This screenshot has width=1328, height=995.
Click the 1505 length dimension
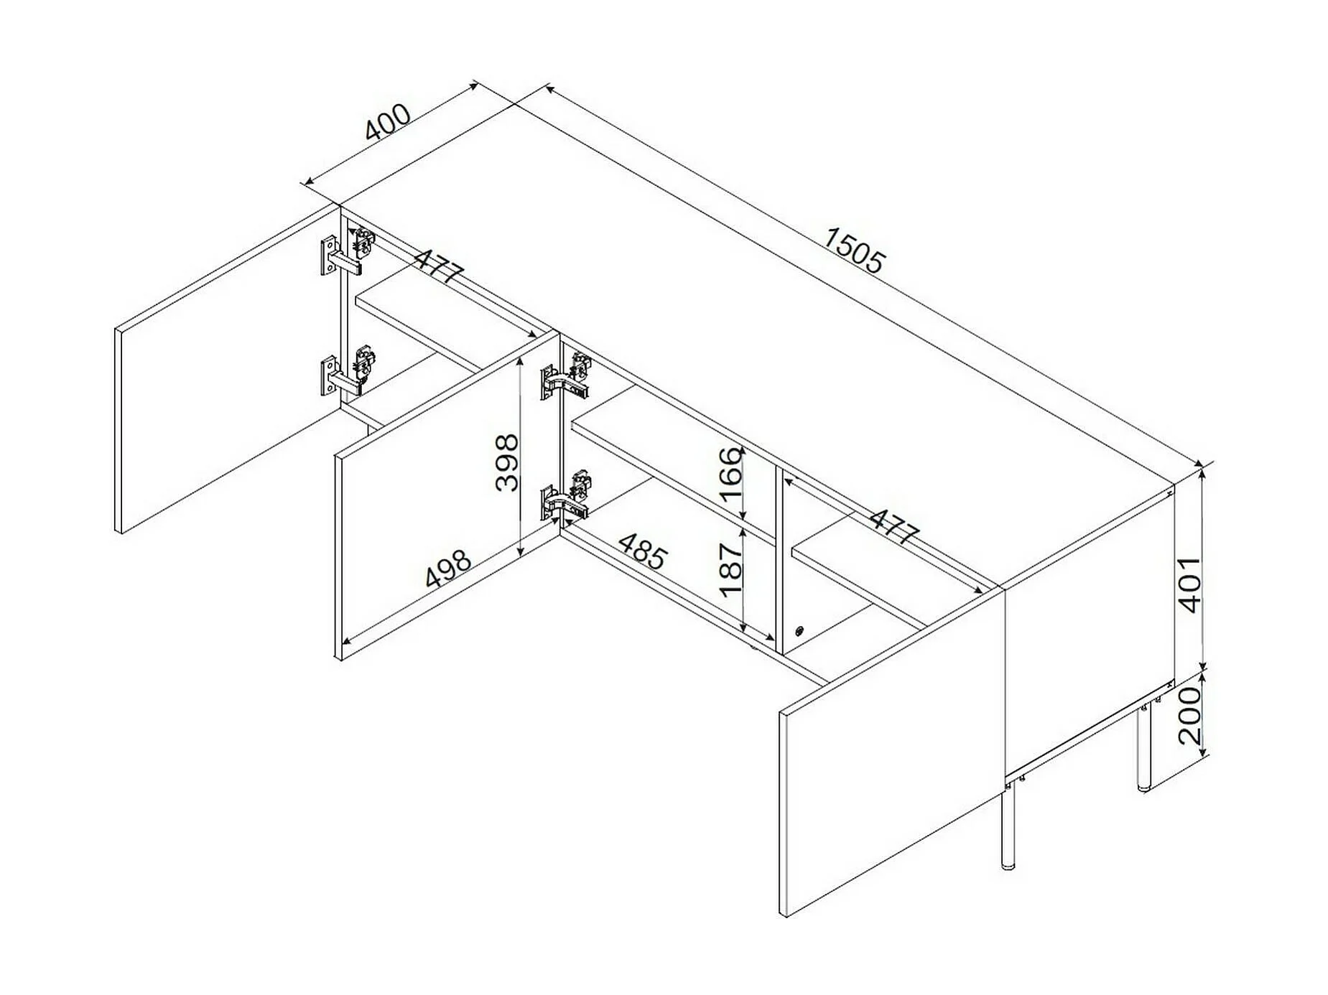coord(853,250)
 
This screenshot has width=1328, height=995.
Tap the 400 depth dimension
coord(388,122)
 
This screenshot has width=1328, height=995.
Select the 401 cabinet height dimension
coord(1190,583)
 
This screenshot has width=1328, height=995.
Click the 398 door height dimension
coord(507,462)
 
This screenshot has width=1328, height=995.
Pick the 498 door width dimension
coord(447,568)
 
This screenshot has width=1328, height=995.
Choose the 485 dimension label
coord(644,551)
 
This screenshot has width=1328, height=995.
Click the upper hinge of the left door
coord(348,253)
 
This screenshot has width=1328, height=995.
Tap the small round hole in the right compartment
coord(799,632)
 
